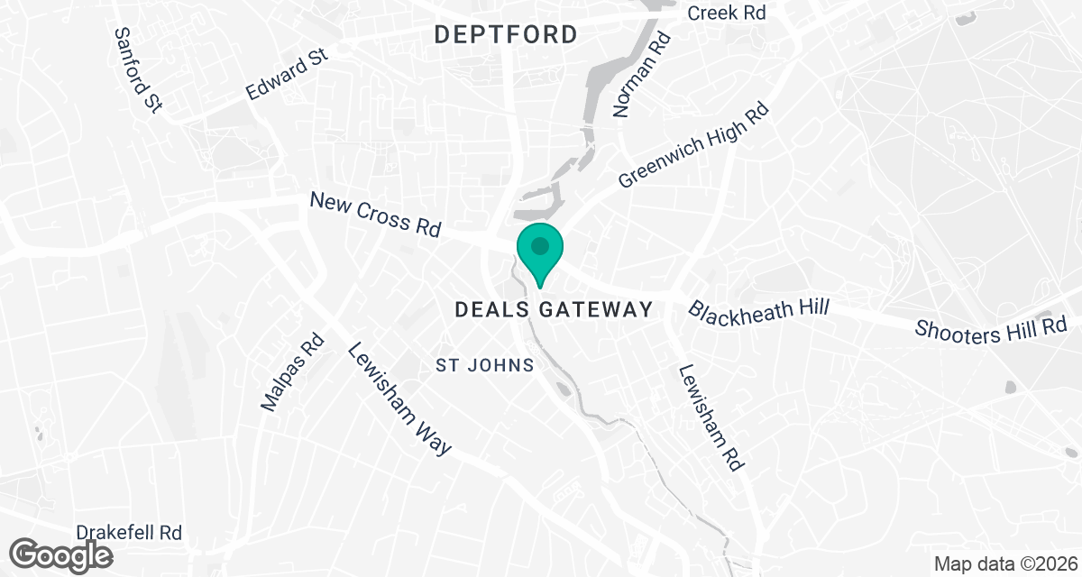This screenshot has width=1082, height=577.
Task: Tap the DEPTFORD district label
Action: [x=506, y=35]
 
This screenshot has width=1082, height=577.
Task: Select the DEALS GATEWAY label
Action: [x=554, y=310]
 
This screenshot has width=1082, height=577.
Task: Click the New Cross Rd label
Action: [x=374, y=215]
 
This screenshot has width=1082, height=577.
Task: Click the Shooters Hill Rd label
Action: [x=991, y=328]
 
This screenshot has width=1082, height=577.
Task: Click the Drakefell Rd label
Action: [x=130, y=533]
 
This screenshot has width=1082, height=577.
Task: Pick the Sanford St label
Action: [x=138, y=69]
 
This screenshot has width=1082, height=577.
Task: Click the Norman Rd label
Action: [x=642, y=76]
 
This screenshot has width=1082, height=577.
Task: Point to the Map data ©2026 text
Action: [x=1003, y=564]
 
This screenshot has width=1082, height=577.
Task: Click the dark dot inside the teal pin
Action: [x=539, y=245]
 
